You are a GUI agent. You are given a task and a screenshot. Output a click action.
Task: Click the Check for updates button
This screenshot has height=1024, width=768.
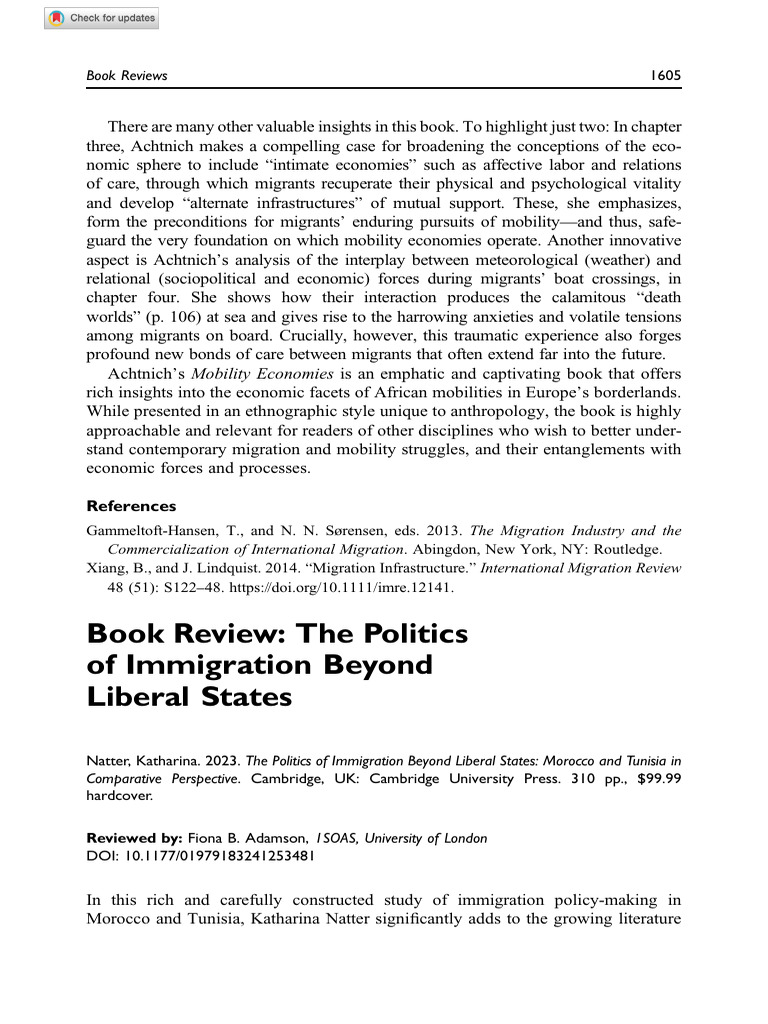pyautogui.click(x=101, y=18)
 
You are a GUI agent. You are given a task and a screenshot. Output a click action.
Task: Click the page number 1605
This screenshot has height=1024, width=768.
pyautogui.click(x=664, y=75)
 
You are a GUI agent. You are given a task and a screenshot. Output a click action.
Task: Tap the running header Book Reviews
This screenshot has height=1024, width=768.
pyautogui.click(x=127, y=75)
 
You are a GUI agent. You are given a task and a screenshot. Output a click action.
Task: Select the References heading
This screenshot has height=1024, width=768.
pyautogui.click(x=131, y=506)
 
